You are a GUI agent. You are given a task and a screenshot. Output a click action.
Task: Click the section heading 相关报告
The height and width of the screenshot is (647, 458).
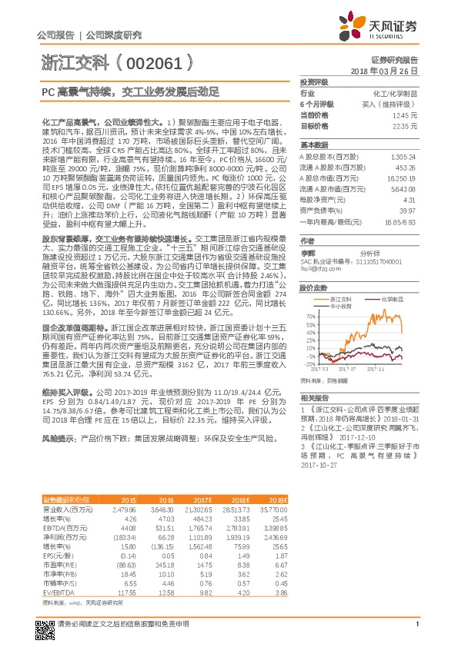[x=314, y=398]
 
